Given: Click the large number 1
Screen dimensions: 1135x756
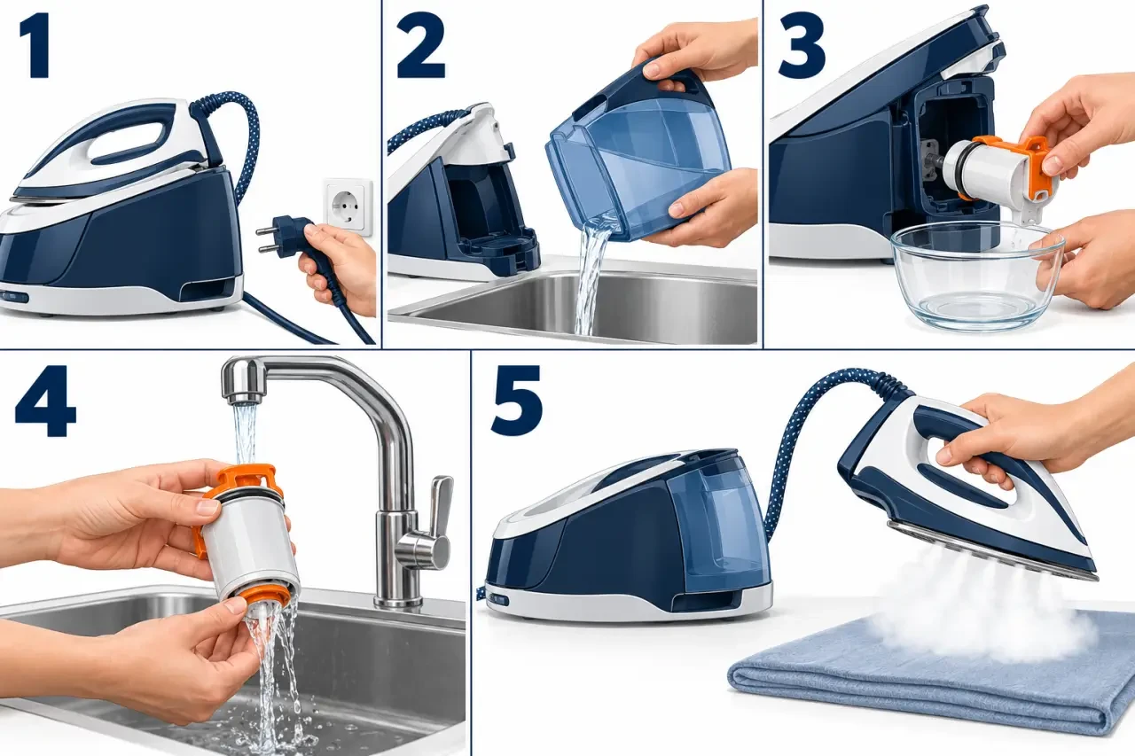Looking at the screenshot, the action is (35, 46).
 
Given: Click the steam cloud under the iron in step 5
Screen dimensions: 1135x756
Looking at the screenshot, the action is (978, 597).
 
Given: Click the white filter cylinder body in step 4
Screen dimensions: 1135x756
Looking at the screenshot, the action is (247, 542).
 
